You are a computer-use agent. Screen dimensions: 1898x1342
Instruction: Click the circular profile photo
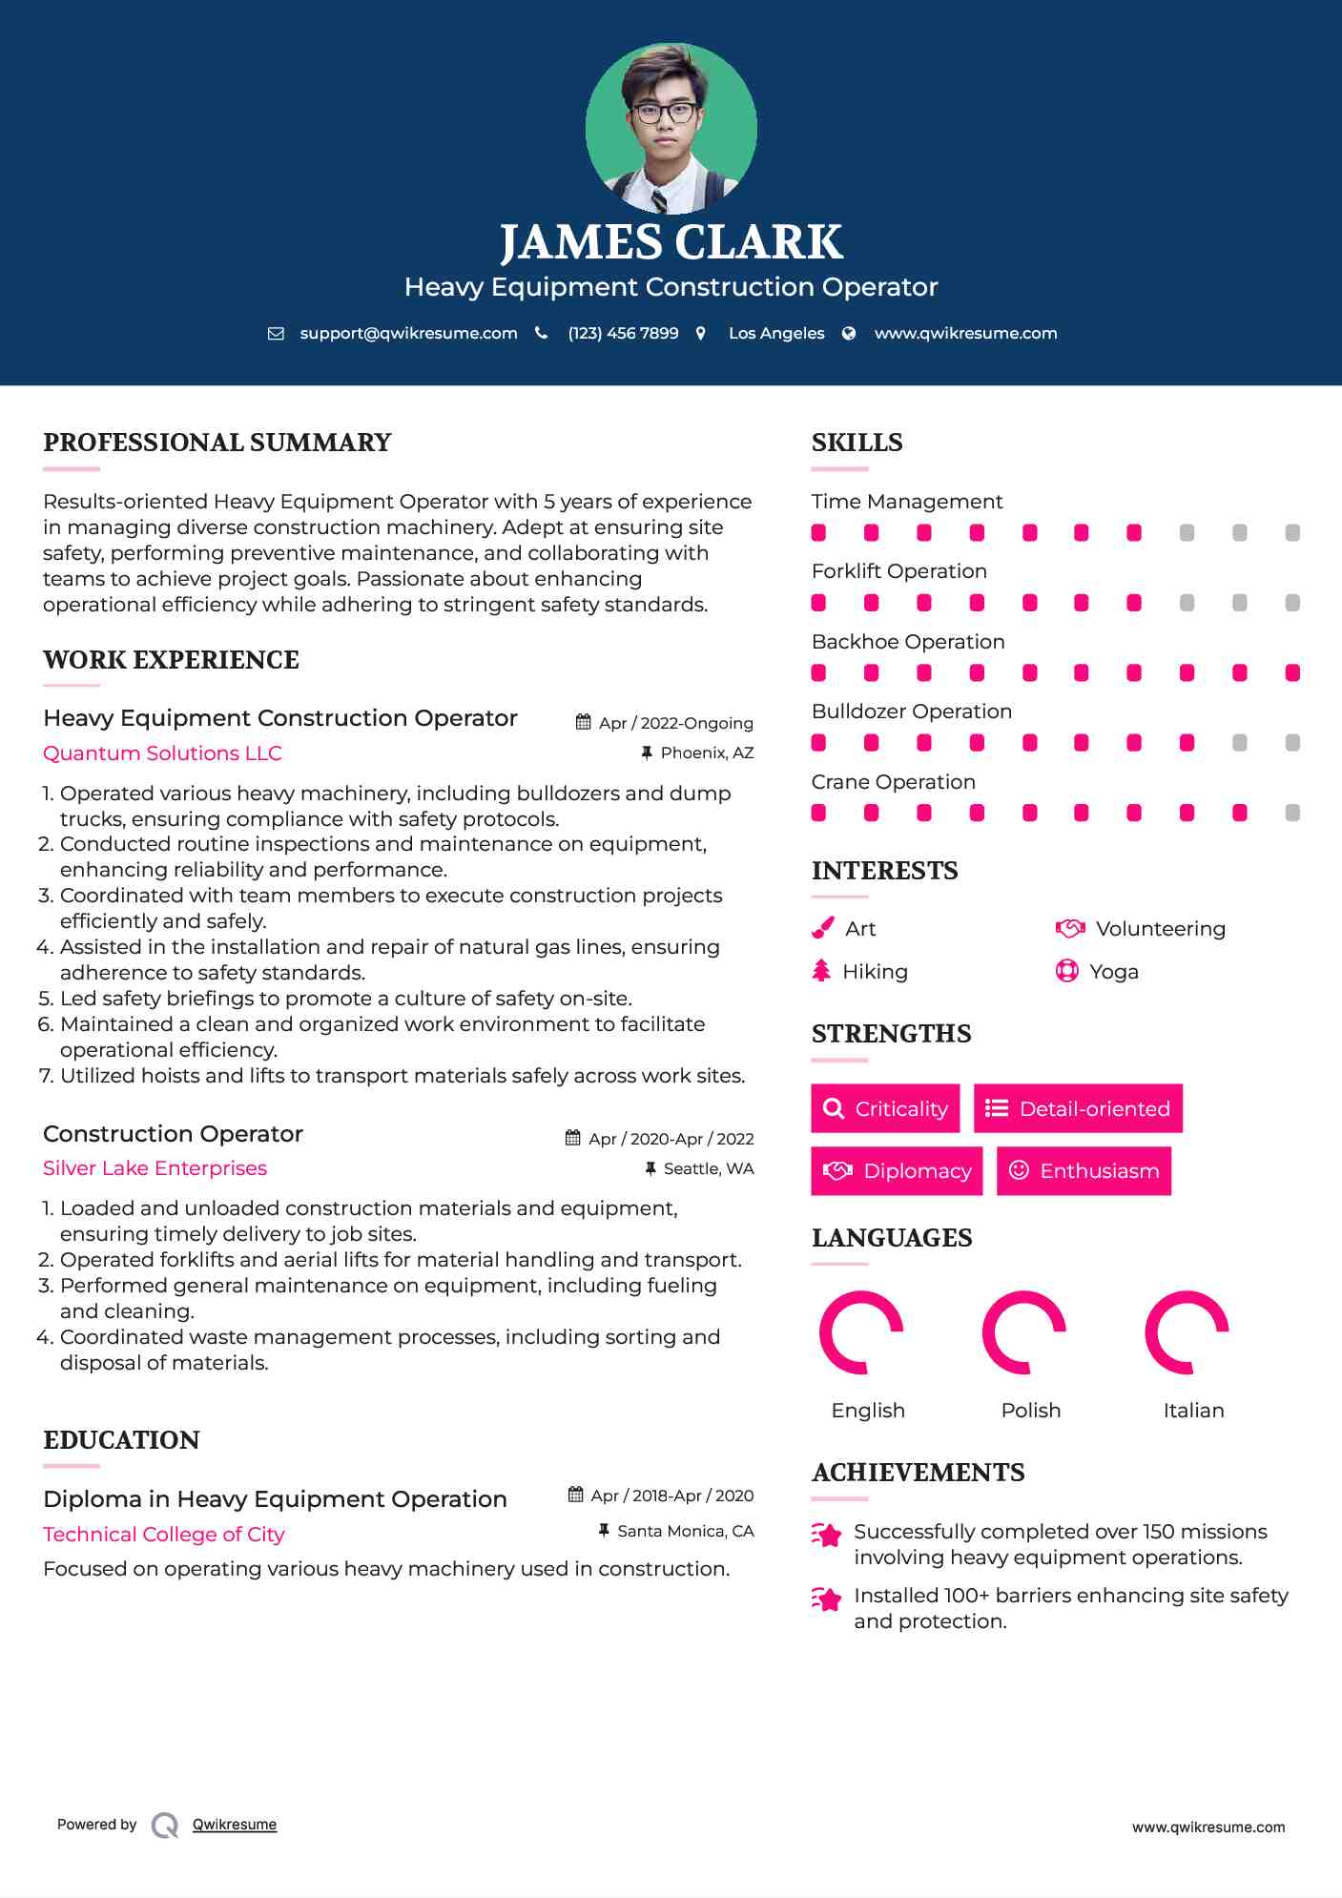[671, 128]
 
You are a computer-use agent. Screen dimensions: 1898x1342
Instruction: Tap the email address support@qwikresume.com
[408, 333]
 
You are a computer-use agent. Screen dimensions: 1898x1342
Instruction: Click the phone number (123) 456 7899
[623, 333]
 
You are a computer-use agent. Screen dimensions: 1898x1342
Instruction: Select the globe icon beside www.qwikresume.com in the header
[849, 333]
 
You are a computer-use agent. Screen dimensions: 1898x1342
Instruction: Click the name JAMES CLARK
[671, 242]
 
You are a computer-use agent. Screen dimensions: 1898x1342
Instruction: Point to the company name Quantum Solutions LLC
[162, 753]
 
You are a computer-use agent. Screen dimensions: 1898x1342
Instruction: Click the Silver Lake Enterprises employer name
[155, 1168]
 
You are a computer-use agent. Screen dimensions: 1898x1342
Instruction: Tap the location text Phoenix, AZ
[707, 753]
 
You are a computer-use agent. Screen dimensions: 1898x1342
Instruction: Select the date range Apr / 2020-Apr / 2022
[671, 1139]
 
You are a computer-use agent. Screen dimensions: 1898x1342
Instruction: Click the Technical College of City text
[163, 1535]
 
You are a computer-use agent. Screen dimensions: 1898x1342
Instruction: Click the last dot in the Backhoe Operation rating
[1292, 673]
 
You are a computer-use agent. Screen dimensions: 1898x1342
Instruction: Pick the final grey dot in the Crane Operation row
[1292, 813]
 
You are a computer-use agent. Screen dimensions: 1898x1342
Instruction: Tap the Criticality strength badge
[885, 1108]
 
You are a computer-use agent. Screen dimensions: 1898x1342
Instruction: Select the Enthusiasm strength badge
[1084, 1171]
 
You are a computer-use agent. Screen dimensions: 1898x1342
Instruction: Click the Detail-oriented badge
[1078, 1108]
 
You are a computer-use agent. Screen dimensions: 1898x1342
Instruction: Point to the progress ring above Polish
[1024, 1332]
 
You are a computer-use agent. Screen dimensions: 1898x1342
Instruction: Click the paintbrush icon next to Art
[822, 928]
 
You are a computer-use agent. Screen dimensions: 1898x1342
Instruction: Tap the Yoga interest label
[1113, 972]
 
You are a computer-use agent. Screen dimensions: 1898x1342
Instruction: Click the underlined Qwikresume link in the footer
[235, 1825]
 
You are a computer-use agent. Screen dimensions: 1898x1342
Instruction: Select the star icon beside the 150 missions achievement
[826, 1535]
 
